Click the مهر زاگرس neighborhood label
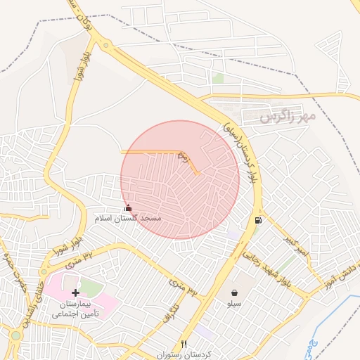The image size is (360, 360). [288, 116]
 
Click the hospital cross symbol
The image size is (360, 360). [75, 292]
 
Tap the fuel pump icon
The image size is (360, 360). [259, 221]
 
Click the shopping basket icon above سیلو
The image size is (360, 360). [233, 292]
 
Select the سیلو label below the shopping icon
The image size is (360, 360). [233, 304]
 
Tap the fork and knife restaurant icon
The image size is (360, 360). [184, 344]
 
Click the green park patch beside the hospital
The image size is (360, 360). [89, 288]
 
